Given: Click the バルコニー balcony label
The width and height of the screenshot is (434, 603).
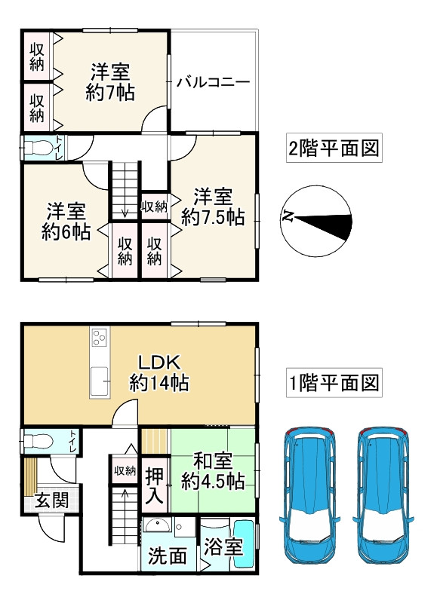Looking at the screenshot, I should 213,82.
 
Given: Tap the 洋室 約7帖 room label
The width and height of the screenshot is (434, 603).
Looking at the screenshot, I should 110,83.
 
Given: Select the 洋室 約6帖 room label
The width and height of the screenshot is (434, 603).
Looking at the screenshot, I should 66,222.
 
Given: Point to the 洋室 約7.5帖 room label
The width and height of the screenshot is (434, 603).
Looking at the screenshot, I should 212,207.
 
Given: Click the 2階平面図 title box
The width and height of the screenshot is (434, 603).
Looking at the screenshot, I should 332,148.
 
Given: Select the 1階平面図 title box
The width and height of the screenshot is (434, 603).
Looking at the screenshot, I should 332,383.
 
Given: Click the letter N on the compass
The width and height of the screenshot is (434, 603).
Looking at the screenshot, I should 288,217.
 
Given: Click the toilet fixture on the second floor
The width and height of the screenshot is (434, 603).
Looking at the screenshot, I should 37,148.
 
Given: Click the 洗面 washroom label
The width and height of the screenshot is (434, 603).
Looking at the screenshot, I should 167,557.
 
